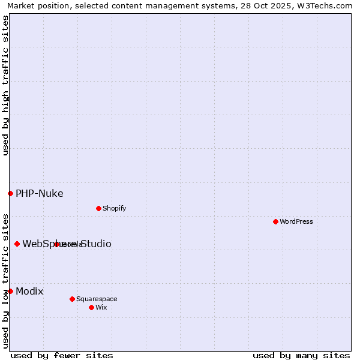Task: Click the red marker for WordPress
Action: click(275, 221)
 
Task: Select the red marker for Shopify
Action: click(98, 208)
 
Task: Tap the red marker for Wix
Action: click(91, 307)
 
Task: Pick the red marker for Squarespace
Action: click(72, 299)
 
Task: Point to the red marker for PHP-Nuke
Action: click(10, 193)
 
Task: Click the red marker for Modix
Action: click(10, 291)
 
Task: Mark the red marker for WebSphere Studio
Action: click(17, 244)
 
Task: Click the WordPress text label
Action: click(296, 221)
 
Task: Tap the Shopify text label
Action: click(114, 208)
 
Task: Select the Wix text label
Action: click(101, 307)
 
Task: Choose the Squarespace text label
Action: click(97, 299)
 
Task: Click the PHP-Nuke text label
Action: click(40, 193)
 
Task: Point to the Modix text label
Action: click(29, 291)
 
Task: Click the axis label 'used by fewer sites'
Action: click(62, 355)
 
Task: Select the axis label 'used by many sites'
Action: click(301, 355)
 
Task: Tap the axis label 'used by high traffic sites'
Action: click(5, 85)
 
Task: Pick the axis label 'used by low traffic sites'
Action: click(5, 280)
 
